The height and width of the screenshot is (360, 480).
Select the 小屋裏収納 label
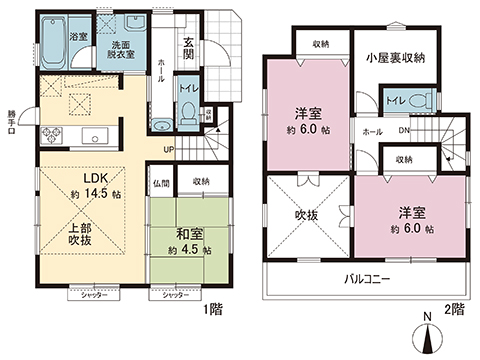pos(397,58)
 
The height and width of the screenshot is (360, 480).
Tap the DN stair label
pos(403,130)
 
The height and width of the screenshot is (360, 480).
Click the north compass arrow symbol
pos(429,338)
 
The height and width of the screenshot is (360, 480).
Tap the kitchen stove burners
pos(50,136)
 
